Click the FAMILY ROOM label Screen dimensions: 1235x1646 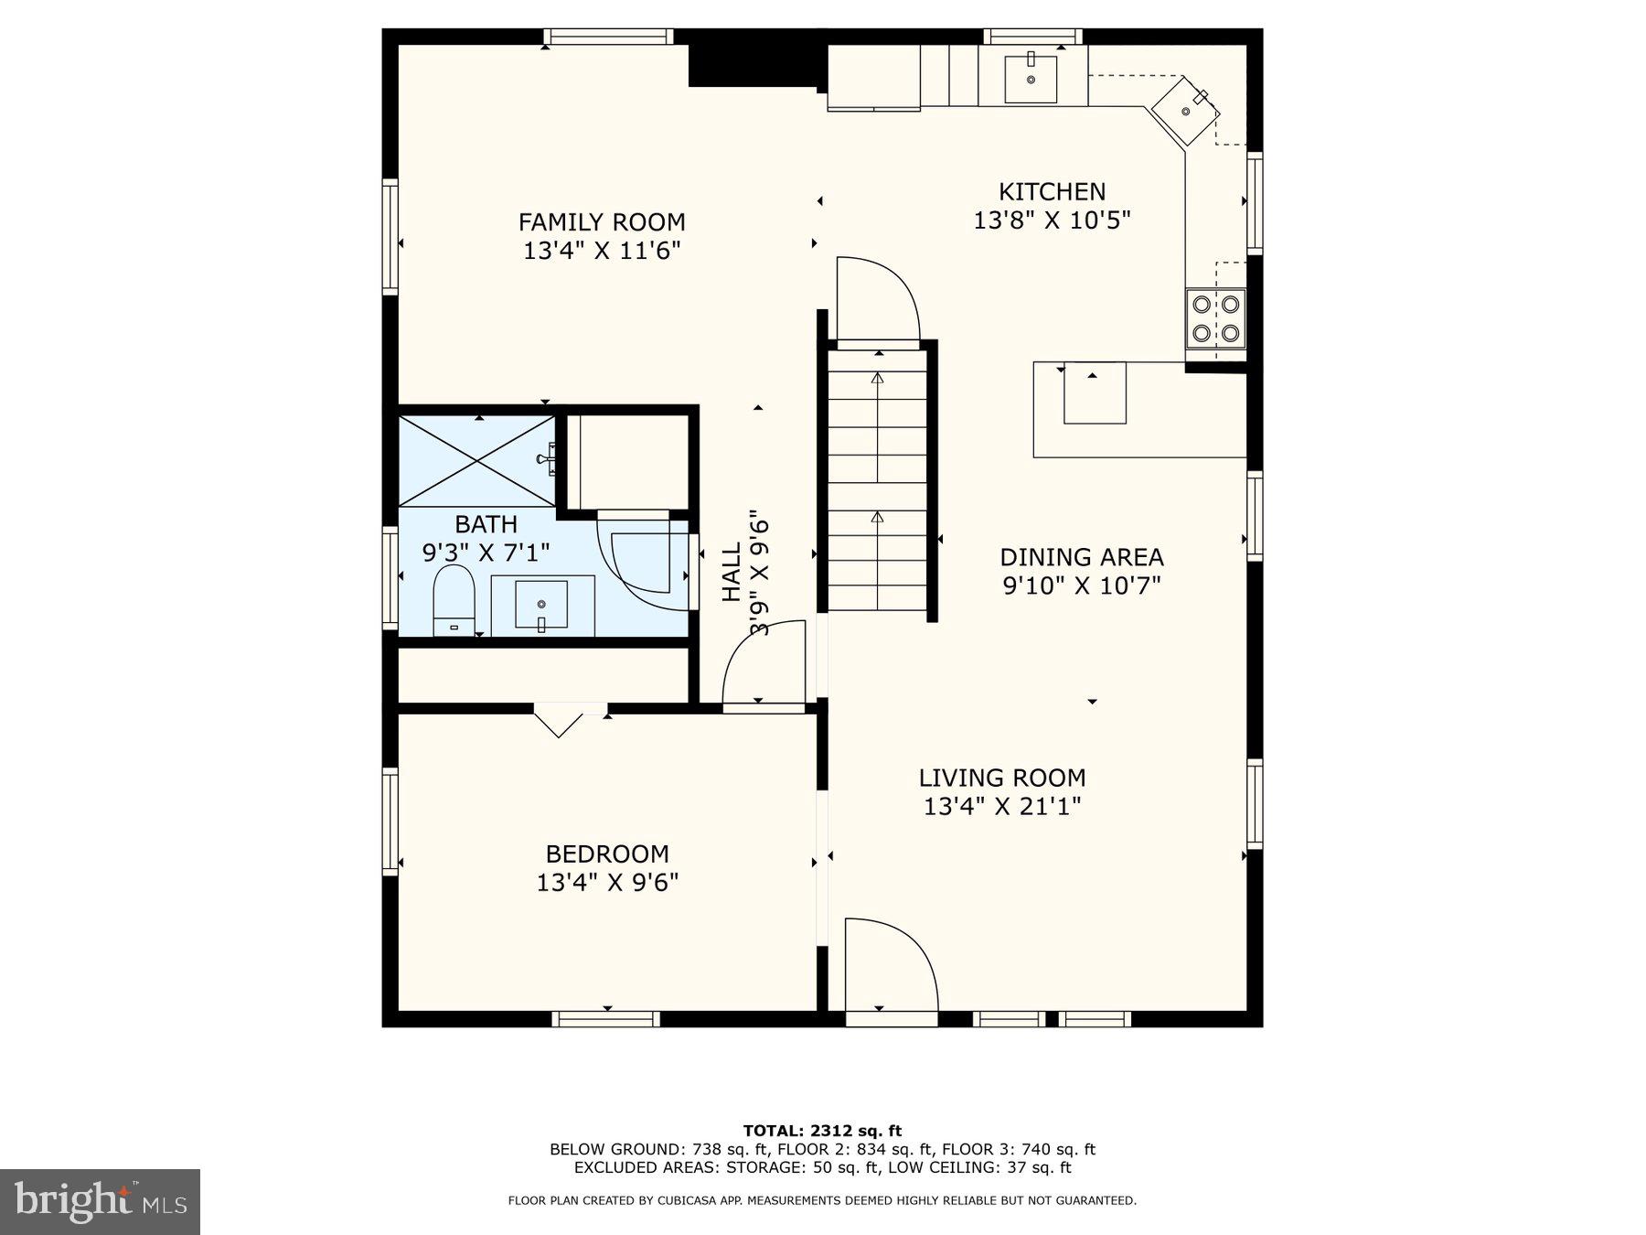coord(602,222)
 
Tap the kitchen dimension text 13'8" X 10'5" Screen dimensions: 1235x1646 coord(1052,220)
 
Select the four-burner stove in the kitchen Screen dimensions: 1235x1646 coord(1216,318)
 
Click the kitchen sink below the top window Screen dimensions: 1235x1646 coord(1031,79)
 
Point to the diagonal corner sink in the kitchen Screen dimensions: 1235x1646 coord(1185,111)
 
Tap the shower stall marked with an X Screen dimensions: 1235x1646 coord(477,461)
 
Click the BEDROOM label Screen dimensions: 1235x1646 coord(607,854)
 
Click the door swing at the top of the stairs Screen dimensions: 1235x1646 coord(875,300)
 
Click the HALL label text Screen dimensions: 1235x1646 coord(732,573)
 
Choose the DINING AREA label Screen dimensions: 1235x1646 coord(1081,557)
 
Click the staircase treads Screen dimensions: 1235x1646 coord(878,480)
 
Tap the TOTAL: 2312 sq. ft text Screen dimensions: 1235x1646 coord(822,1131)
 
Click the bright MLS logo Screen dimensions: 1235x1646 coord(100,1201)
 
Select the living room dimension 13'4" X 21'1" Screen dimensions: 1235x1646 coord(1002,807)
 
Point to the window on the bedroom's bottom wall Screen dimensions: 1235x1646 coord(606,1018)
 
